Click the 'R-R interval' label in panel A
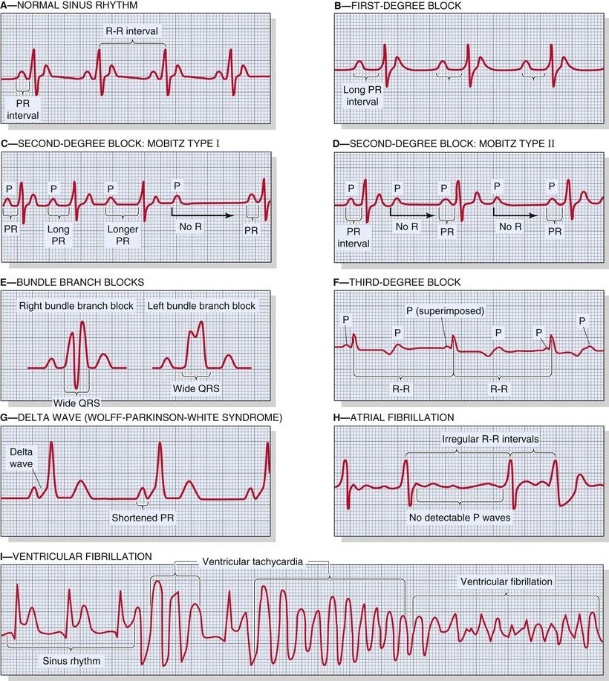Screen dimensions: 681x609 (x=132, y=30)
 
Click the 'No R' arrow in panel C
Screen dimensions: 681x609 (x=201, y=212)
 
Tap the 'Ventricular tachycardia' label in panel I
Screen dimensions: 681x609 (x=253, y=561)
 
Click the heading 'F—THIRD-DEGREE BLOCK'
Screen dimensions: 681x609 (x=397, y=282)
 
